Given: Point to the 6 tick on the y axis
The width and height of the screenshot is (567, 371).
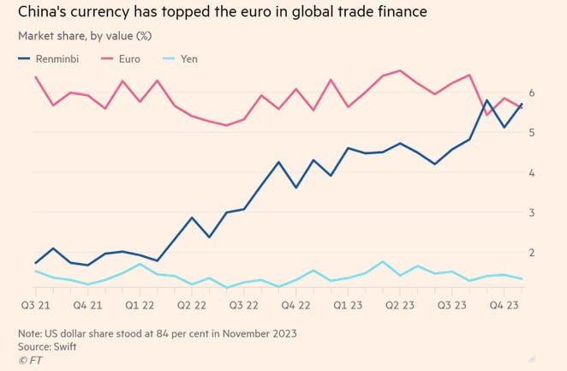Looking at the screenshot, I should click(x=533, y=93).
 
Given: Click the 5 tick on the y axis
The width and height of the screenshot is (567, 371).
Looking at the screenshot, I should click(x=533, y=133).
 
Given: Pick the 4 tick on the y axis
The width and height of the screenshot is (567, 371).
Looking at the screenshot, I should click(x=533, y=172).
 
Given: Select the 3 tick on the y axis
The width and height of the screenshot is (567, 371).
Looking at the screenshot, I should click(x=533, y=212).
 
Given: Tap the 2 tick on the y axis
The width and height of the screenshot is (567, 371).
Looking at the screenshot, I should click(x=533, y=252).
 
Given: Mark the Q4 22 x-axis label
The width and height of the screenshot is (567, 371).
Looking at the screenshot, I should click(x=298, y=305).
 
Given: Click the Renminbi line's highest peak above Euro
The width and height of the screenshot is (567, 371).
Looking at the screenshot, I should click(x=486, y=100).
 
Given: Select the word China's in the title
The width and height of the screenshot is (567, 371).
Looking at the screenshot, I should click(x=44, y=13).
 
